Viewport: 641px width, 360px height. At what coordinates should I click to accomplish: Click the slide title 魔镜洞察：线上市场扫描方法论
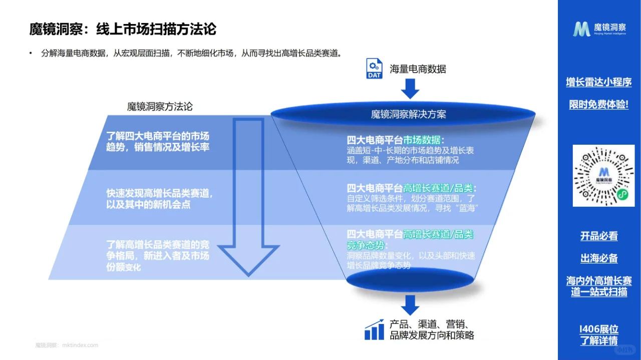pos(123,29)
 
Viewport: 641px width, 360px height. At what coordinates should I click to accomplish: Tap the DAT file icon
pos(375,69)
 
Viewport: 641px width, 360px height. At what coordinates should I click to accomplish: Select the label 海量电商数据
pos(418,69)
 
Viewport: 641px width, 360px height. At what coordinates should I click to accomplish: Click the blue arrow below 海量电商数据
pos(410,89)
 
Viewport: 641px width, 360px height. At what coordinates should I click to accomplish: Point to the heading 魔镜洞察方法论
pos(159,107)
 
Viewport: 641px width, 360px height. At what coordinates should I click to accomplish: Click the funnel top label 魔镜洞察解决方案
pos(408,114)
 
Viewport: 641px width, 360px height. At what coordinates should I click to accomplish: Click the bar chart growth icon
pos(374,329)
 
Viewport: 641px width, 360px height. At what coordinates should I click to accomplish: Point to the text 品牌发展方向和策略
pos(432,335)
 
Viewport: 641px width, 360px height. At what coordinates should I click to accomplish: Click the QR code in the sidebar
pos(603,176)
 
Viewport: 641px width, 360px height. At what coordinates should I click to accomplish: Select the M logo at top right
pos(581,29)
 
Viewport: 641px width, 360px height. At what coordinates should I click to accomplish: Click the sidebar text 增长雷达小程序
pos(598,82)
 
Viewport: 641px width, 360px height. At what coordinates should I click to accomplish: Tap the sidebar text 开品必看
pos(599,236)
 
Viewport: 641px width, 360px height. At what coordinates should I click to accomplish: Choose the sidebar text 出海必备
pos(599,258)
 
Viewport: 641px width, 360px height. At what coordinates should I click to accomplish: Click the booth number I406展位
pos(598,329)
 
